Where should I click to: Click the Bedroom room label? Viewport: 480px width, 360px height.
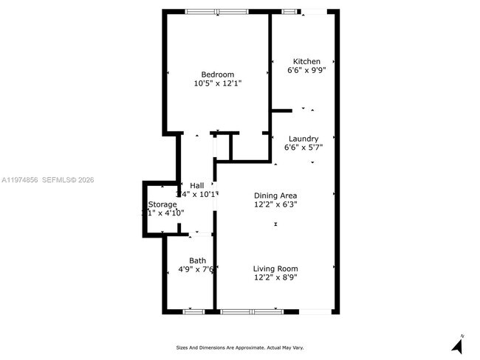pos(218,75)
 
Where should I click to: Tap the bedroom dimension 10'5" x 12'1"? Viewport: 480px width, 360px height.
pos(218,84)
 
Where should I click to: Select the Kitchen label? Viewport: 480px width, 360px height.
pos(306,61)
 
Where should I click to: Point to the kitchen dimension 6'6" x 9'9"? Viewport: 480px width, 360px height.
pos(306,71)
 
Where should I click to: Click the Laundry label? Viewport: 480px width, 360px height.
pos(304,139)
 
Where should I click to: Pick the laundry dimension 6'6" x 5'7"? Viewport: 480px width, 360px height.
pos(304,148)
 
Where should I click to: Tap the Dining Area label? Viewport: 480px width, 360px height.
pos(275,195)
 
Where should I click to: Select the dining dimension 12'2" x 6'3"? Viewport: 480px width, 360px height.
pos(275,205)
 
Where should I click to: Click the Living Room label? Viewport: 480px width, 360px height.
pos(275,269)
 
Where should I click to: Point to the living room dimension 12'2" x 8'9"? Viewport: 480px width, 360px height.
pos(275,278)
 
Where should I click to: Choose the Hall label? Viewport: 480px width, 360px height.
pos(197,185)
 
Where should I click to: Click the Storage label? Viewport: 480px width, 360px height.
pos(162,204)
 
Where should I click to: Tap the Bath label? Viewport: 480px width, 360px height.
pos(197,260)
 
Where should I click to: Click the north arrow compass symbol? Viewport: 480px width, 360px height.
pos(457,343)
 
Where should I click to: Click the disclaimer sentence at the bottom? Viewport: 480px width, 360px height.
pos(240,347)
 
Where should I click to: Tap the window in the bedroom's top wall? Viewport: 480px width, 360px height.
pos(216,11)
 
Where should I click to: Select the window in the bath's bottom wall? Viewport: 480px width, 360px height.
pos(193,311)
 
